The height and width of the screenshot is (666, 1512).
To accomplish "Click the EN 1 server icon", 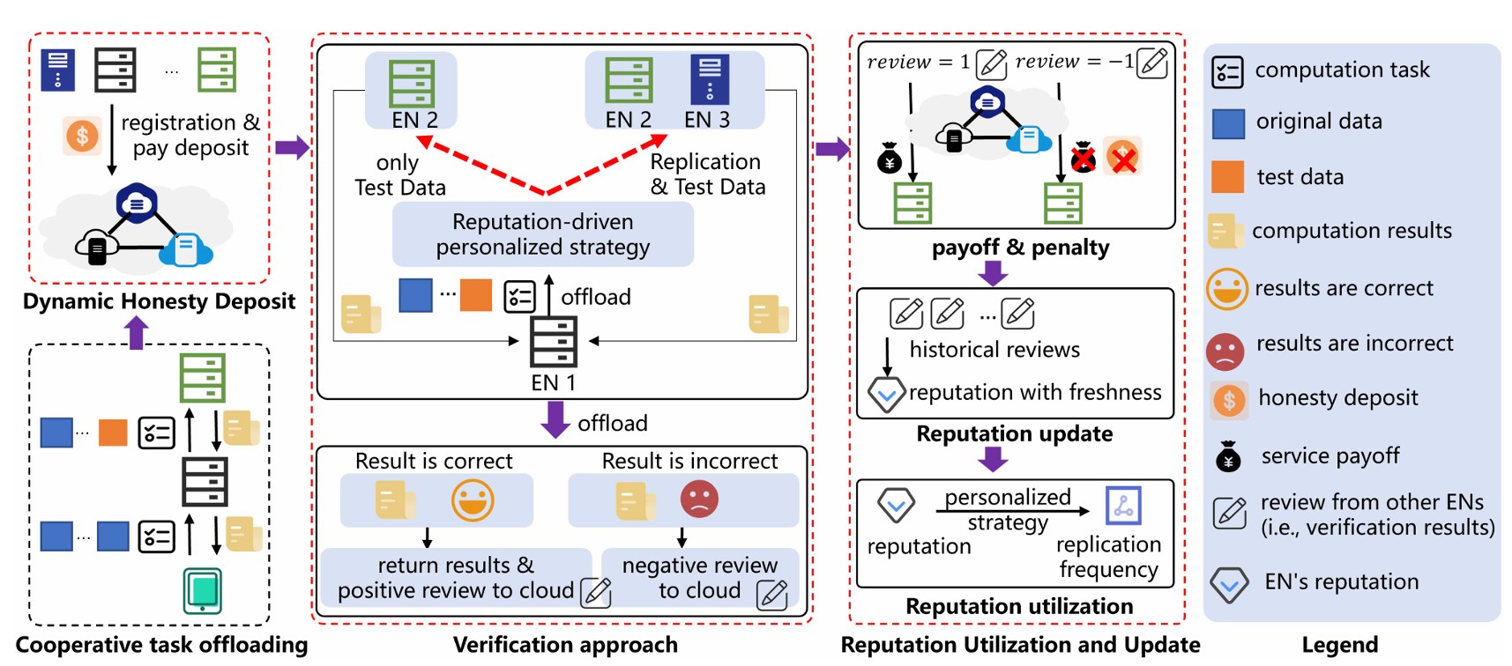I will (x=553, y=342).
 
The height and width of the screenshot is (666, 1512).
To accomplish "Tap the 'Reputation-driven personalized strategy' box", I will (x=542, y=234).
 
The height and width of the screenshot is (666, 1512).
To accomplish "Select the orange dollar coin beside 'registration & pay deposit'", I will (x=82, y=136).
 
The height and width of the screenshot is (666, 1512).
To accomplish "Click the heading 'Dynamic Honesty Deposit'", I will (x=159, y=301).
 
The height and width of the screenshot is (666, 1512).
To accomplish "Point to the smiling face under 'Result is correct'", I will (x=473, y=500).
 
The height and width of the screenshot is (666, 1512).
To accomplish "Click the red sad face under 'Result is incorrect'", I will (x=699, y=499).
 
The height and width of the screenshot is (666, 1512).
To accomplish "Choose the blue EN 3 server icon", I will (x=709, y=80).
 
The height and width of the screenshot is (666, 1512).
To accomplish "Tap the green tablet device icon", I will (x=202, y=590).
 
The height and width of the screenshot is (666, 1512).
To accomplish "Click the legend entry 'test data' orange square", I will (x=1227, y=177).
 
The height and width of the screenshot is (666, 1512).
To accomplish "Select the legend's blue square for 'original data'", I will (x=1228, y=123).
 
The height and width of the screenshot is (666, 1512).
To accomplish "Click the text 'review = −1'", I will (x=1074, y=62).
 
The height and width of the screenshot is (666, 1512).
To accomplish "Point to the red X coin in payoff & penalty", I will (x=1122, y=158).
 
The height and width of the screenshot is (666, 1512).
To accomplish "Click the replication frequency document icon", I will (x=1123, y=506).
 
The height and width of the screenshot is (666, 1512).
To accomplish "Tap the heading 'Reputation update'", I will (x=1014, y=434).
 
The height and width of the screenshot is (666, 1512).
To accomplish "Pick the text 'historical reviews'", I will (x=994, y=350).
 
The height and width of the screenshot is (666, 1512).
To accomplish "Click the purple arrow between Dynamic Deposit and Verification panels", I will (x=292, y=147).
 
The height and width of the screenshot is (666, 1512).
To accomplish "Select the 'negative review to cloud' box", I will (x=700, y=578).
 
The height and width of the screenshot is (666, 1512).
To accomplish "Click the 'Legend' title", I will (x=1339, y=645).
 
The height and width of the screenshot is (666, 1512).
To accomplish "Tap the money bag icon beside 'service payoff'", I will (x=1228, y=456).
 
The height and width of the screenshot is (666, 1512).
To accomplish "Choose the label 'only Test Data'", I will (x=399, y=174).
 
